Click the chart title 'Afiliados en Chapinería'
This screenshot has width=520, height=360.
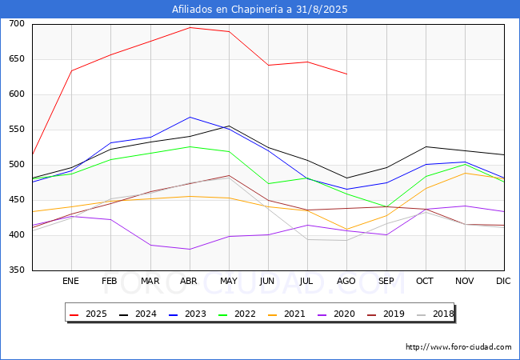coord(260,10)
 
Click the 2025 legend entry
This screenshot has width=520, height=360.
coord(87,314)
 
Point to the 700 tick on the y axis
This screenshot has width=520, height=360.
coord(17,24)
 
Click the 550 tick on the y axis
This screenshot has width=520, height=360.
coord(17,130)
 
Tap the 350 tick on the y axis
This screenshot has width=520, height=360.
coord(17,270)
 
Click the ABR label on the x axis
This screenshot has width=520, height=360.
coord(189,282)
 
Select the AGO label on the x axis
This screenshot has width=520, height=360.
coord(346,282)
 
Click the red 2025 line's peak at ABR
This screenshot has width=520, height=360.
coord(190,27)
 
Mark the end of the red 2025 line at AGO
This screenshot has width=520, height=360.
coord(346,74)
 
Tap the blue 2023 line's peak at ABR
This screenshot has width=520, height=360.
coord(190,117)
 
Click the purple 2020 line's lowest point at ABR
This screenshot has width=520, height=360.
coord(190,249)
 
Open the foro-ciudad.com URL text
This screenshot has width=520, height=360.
coord(458,347)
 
